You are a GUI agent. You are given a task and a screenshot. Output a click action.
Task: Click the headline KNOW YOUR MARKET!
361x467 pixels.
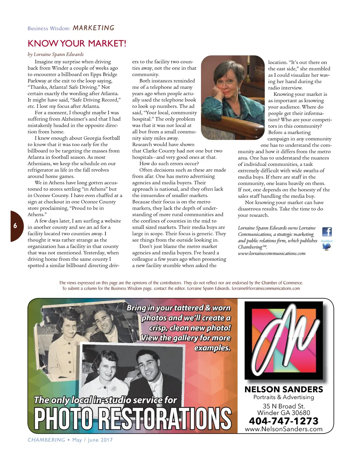77,43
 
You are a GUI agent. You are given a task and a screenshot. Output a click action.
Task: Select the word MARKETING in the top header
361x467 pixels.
93,28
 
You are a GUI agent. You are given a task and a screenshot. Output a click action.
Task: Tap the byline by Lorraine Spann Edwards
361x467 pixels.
56,54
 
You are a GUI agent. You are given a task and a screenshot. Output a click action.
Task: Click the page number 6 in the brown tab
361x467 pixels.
15,226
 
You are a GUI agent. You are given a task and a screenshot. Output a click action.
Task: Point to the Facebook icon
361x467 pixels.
327,232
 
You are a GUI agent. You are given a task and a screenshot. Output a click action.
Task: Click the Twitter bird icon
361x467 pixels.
327,246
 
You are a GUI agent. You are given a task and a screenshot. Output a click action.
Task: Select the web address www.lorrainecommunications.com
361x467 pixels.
271,253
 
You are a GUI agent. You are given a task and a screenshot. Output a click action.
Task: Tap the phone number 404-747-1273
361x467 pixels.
283,421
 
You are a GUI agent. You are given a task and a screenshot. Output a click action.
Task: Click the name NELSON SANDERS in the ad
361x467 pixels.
283,389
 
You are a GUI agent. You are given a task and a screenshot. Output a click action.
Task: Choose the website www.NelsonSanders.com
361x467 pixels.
283,429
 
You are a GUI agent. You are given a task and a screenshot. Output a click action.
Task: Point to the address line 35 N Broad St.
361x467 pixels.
283,406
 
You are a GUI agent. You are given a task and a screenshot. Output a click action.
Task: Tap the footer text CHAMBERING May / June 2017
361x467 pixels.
70,440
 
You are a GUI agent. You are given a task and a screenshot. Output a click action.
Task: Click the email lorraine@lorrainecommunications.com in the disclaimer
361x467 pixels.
266,288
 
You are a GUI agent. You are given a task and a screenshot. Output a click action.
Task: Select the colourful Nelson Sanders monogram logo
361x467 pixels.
284,340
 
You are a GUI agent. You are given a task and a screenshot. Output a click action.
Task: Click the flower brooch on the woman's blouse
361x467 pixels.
114,388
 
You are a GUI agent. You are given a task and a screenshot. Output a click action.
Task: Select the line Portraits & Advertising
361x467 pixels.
283,397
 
